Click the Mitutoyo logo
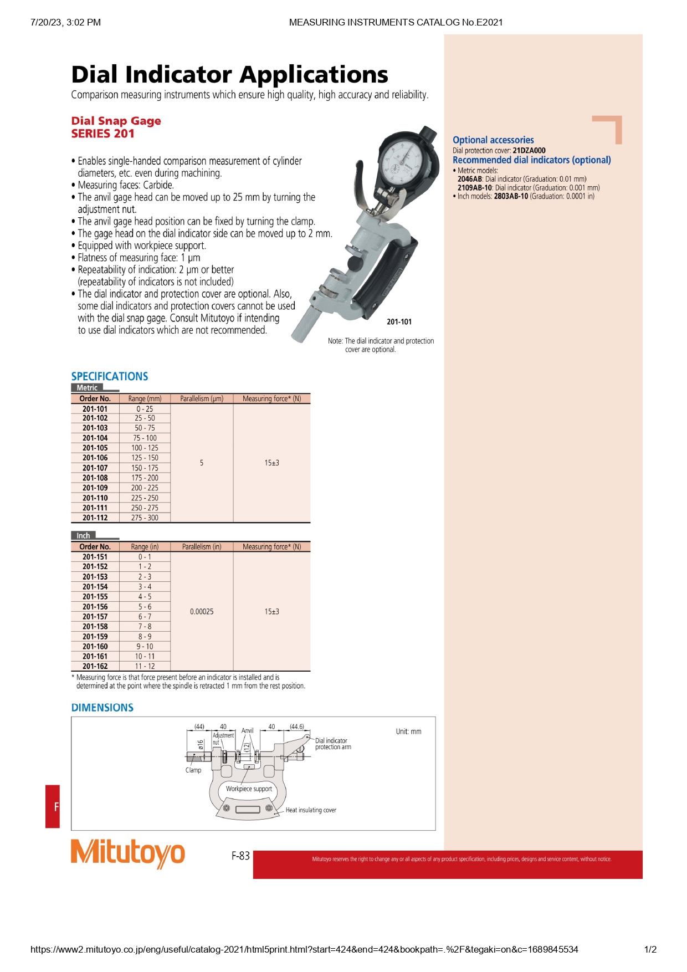point(127,853)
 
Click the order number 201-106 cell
point(95,458)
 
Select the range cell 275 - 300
point(145,518)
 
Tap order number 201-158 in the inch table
point(95,627)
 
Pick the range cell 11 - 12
point(145,667)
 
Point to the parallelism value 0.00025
point(202,612)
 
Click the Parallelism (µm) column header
point(202,398)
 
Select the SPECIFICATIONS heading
point(110,376)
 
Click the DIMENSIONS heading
point(102,708)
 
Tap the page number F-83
point(240,856)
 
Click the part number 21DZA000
point(529,150)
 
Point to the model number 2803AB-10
point(511,196)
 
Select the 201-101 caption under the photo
point(399,322)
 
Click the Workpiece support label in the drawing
point(249,789)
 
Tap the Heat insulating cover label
point(311,810)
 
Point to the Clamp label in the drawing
point(193,770)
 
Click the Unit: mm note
point(408,731)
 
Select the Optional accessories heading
point(493,140)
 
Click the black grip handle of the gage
point(388,277)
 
